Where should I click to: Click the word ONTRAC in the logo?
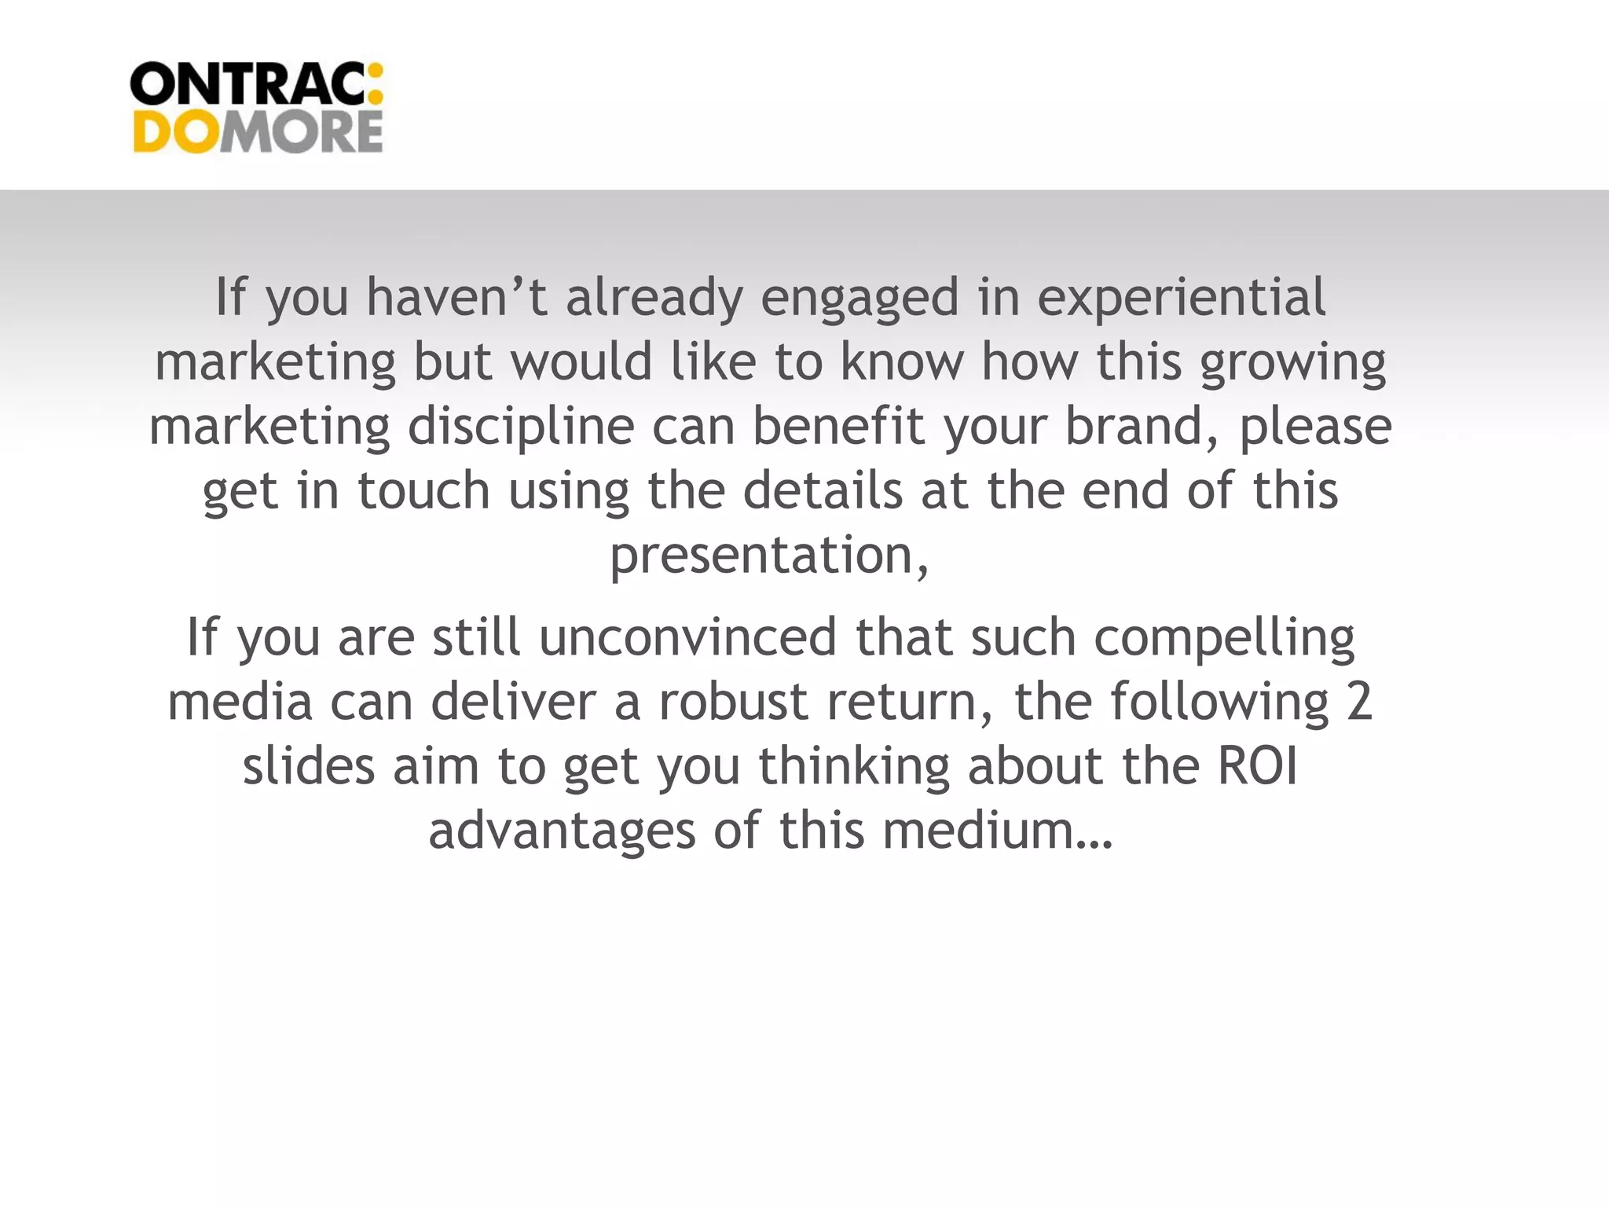247,85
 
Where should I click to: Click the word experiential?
1181,298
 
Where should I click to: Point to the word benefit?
838,427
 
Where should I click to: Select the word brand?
1142,427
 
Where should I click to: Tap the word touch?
424,491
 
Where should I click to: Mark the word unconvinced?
687,637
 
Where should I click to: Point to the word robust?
733,702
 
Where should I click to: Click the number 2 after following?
1358,702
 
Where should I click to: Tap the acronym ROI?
1257,766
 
